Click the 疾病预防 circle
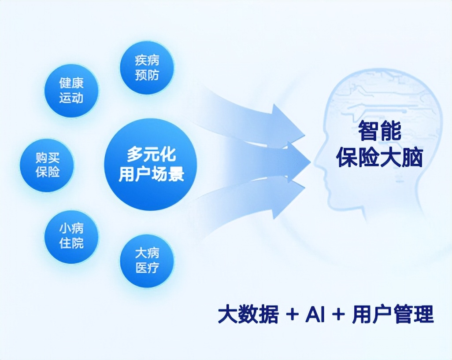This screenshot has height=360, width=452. point(147,67)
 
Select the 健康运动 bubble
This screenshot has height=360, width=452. point(71,90)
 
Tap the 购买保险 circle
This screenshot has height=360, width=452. point(47,165)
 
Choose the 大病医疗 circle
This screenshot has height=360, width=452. point(147,261)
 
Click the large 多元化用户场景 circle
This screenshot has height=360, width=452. point(151,165)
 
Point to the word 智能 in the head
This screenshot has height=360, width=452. point(379,131)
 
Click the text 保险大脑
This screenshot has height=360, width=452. point(379,158)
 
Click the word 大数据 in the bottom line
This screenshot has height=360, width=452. point(248,314)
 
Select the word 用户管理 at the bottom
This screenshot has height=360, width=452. point(393,314)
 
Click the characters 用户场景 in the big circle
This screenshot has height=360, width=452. point(152,174)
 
